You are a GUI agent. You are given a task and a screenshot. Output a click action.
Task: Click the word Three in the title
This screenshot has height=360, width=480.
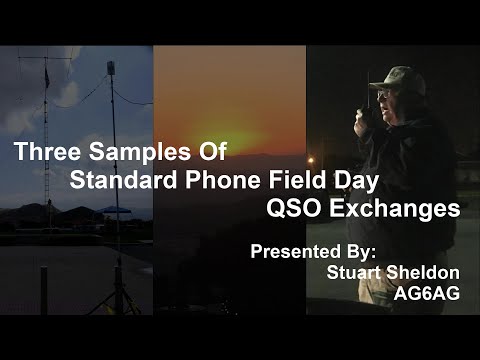point(46,153)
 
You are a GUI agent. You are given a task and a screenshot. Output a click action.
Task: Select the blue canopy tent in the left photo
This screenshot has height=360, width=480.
point(117,209)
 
